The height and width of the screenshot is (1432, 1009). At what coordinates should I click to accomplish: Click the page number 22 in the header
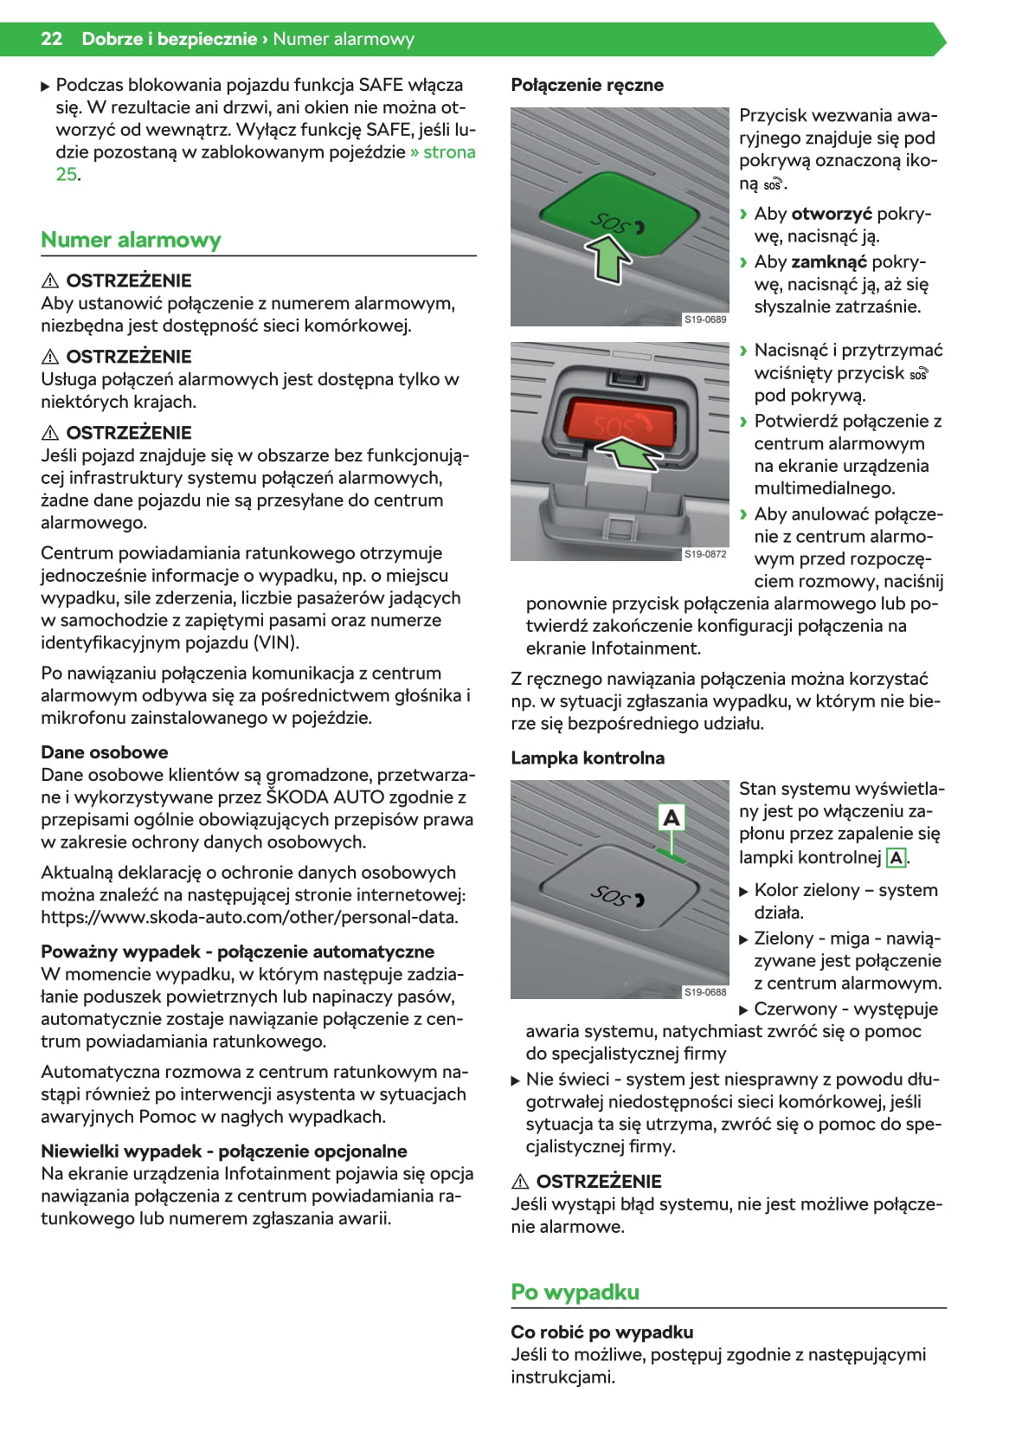click(51, 39)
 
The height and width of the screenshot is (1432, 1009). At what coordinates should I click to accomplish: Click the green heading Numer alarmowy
click(131, 240)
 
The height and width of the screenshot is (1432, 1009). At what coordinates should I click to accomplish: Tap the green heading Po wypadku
click(575, 1292)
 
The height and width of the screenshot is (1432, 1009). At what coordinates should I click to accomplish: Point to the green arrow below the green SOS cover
click(610, 261)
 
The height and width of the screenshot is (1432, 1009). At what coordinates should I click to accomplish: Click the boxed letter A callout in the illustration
click(671, 817)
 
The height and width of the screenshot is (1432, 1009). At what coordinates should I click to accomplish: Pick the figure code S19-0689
click(705, 319)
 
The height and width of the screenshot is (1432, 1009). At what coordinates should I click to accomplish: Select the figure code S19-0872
click(705, 553)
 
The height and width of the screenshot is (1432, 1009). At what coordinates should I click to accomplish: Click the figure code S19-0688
click(705, 992)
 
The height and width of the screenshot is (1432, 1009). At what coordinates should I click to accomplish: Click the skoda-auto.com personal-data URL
click(249, 918)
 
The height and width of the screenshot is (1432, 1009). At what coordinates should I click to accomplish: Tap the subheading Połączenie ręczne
click(587, 85)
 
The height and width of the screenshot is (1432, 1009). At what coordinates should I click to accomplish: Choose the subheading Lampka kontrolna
click(588, 758)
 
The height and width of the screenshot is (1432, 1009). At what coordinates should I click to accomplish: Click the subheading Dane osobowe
click(105, 752)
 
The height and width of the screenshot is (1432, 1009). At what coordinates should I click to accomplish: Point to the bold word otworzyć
click(831, 214)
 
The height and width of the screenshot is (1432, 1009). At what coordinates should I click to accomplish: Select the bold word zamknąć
click(828, 261)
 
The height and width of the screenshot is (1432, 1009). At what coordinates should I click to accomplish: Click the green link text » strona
click(443, 152)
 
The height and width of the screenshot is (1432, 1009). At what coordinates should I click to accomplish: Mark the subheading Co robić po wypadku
click(601, 1332)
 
